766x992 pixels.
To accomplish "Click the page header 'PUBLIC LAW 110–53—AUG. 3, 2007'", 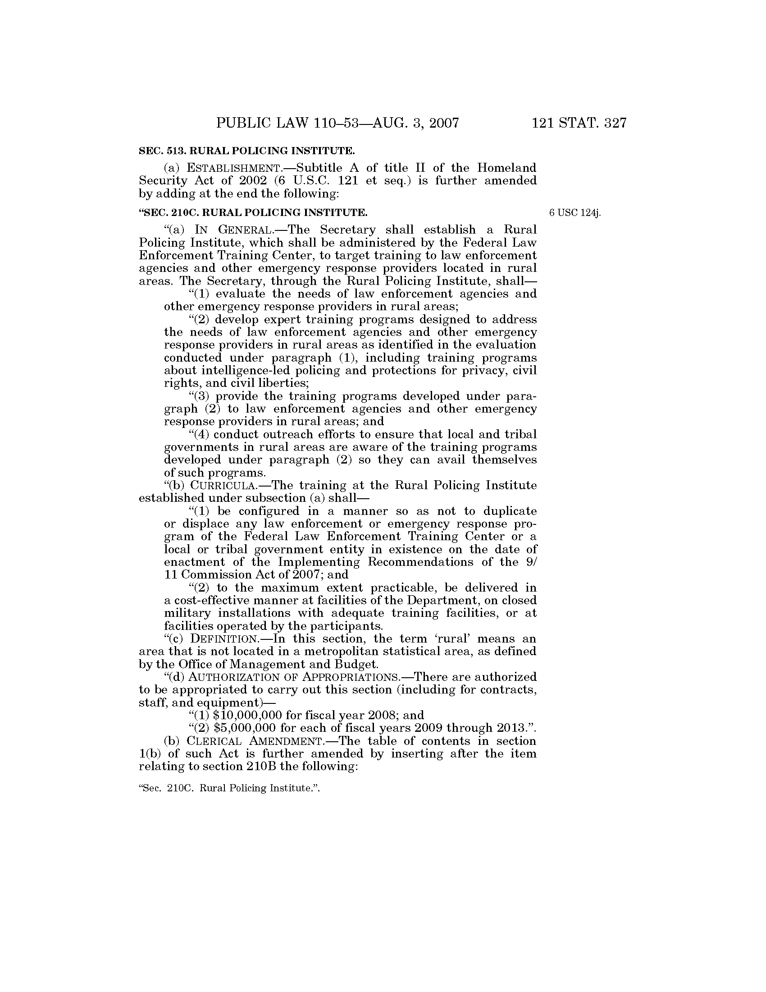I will coord(337,123).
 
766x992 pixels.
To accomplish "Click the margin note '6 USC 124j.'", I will coord(574,212).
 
